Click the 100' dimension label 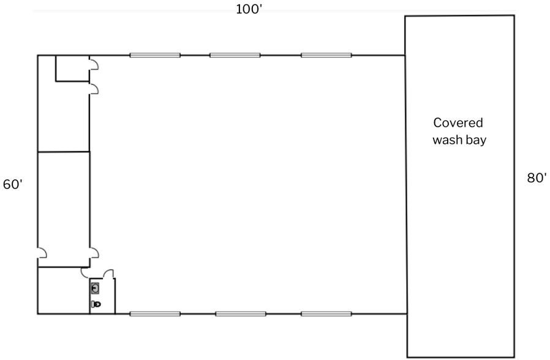pyautogui.click(x=249, y=9)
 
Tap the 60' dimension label pyautogui.click(x=13, y=184)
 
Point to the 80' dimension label pyautogui.click(x=537, y=178)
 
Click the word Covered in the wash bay pyautogui.click(x=458, y=122)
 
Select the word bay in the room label pyautogui.click(x=476, y=140)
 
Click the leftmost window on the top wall pyautogui.click(x=155, y=55)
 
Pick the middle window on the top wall pyautogui.click(x=235, y=55)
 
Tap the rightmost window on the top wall pyautogui.click(x=326, y=55)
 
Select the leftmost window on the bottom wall pyautogui.click(x=155, y=313)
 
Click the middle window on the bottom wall pyautogui.click(x=241, y=313)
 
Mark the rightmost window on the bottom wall pyautogui.click(x=326, y=313)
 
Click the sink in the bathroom pyautogui.click(x=95, y=288)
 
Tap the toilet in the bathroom pyautogui.click(x=96, y=304)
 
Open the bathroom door pyautogui.click(x=109, y=274)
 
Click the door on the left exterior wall pyautogui.click(x=42, y=253)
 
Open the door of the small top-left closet pyautogui.click(x=94, y=64)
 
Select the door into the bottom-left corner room pyautogui.click(x=85, y=272)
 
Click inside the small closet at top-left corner pyautogui.click(x=72, y=69)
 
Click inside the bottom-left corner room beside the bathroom pyautogui.click(x=64, y=291)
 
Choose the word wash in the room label pyautogui.click(x=447, y=140)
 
